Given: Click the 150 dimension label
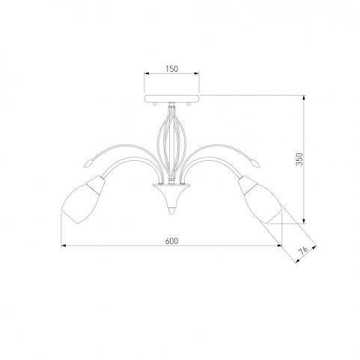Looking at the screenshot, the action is pos(172,69).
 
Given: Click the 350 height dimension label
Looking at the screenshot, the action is pos(299,159).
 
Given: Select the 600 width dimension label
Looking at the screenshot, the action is pos(171,241).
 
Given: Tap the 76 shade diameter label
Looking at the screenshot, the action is pos(303,251).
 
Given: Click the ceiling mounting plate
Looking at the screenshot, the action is pos(171,97).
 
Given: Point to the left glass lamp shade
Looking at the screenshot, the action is pos(83,200).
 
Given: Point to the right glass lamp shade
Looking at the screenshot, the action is pos(260,200).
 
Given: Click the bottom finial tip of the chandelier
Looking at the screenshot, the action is pos(171,211).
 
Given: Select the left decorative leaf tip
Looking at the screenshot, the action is pos(88,163).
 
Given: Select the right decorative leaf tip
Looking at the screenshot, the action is pos(254,163).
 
